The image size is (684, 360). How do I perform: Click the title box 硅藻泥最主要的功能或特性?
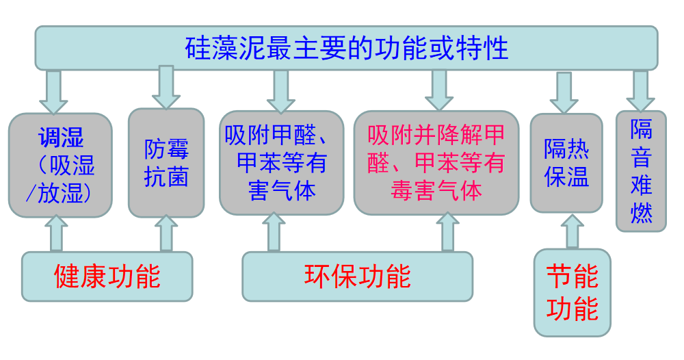(x=346, y=48)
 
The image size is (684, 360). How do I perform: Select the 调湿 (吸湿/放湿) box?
(x=60, y=165)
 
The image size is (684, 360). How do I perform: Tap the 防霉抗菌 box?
(x=166, y=163)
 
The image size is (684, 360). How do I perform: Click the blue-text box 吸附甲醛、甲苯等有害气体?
(x=281, y=163)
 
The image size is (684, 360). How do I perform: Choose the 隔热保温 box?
(x=566, y=163)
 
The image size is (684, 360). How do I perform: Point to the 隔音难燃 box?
(x=641, y=171)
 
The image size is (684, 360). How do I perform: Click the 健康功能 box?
(x=107, y=277)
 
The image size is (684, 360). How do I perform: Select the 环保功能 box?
(x=357, y=277)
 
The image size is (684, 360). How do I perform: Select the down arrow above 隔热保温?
(x=564, y=92)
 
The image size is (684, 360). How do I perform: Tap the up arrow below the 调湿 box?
(x=56, y=234)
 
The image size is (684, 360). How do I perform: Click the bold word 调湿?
(x=60, y=138)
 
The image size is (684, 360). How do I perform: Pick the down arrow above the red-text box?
(x=439, y=90)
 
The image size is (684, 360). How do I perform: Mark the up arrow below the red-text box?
(x=448, y=233)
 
